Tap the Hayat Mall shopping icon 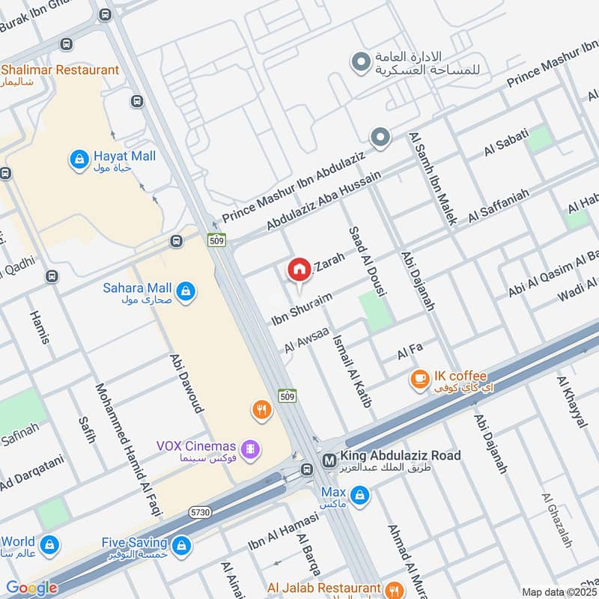79,159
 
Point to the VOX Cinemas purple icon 252,449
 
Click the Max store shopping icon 361,495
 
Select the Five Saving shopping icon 180,546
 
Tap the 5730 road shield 200,512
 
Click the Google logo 31,588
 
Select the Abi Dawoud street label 186,383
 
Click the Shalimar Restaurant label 60,70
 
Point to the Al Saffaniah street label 499,206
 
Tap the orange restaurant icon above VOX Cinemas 261,410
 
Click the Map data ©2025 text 559,592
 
